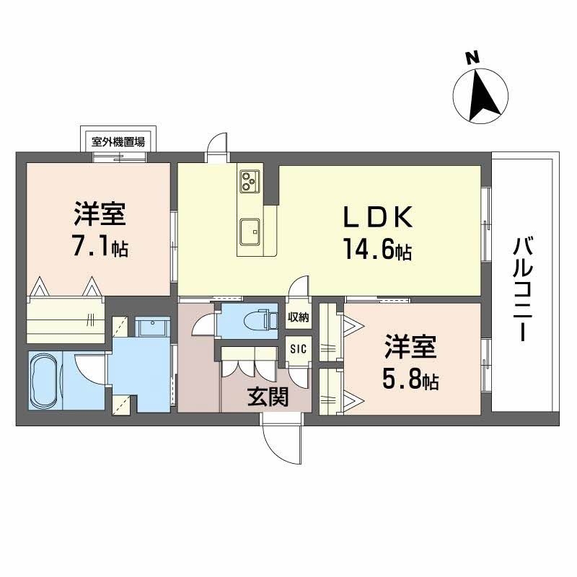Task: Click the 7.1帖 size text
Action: click(100, 247)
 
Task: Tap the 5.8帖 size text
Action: click(410, 379)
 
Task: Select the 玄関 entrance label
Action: click(266, 397)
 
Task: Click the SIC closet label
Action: click(298, 348)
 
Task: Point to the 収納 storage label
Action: click(298, 317)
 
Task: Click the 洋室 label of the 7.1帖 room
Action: click(100, 214)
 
